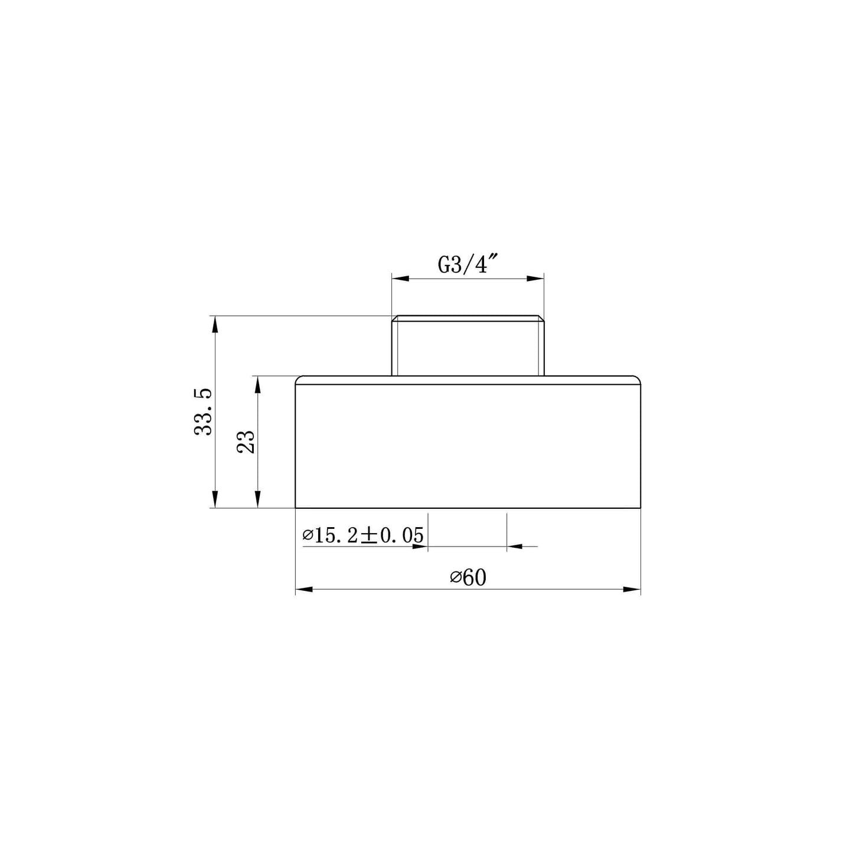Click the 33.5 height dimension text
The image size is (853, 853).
coord(204,411)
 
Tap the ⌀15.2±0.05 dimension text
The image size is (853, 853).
coord(363,535)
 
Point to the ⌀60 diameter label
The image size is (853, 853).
coord(468,577)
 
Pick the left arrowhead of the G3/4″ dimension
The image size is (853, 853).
coord(400,278)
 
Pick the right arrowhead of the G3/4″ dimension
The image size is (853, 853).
coord(535,278)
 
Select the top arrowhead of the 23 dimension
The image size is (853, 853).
coord(258,384)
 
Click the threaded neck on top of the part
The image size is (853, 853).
coord(468,347)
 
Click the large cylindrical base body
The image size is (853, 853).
coord(468,446)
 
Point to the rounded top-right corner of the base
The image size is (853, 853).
coord(637,378)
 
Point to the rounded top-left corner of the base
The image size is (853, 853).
coord(299,378)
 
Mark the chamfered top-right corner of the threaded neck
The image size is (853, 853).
coord(540,319)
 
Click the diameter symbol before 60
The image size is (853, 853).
coord(455,578)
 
